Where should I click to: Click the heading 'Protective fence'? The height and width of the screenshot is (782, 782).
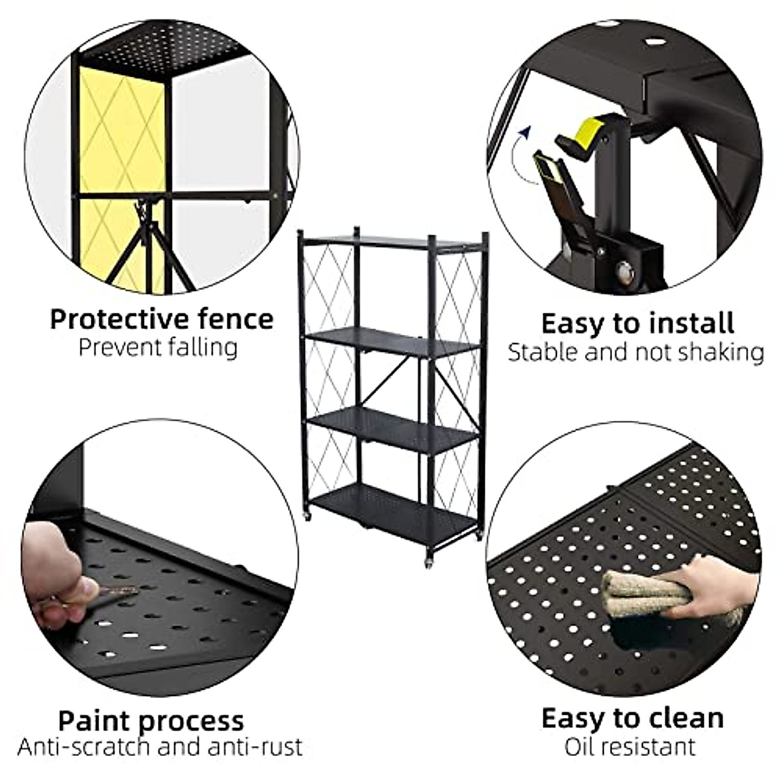(x=162, y=319)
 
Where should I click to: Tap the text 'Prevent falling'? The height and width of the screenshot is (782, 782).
(x=158, y=347)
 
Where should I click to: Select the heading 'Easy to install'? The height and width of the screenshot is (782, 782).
(x=637, y=323)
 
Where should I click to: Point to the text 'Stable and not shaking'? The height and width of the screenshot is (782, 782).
(x=635, y=352)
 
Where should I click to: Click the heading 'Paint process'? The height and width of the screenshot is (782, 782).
(x=151, y=721)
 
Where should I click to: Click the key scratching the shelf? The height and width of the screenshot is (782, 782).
(x=111, y=594)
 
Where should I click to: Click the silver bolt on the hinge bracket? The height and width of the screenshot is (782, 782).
(x=626, y=269)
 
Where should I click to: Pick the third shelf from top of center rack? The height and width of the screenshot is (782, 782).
(x=391, y=427)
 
